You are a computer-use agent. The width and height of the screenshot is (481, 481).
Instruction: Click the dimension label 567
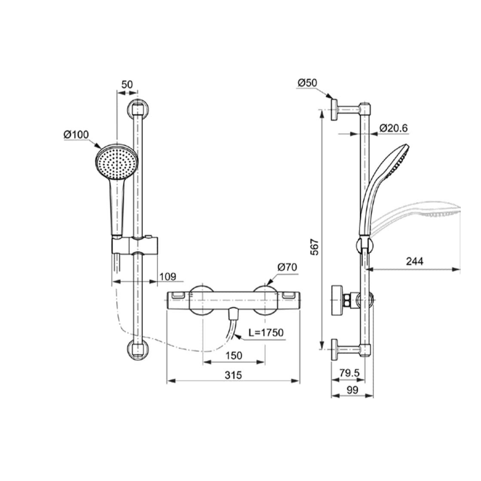tap(315, 247)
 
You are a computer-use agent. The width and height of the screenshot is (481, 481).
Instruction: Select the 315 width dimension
tap(233, 375)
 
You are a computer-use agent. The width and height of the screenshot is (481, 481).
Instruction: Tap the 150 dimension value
tap(234, 356)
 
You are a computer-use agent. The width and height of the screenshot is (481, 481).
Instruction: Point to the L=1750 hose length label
tap(267, 333)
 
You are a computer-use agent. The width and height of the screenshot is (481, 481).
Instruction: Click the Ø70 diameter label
tap(287, 267)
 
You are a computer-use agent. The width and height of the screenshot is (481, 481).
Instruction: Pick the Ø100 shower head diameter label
tap(76, 135)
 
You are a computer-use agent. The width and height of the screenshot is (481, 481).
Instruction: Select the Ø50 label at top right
tap(307, 82)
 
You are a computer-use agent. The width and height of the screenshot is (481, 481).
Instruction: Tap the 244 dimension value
tap(414, 261)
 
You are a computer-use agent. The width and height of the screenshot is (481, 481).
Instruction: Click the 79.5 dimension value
tap(349, 374)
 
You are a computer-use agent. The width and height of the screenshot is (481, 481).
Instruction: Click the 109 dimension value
tap(168, 276)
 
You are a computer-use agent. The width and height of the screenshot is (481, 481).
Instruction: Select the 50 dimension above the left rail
tap(127, 84)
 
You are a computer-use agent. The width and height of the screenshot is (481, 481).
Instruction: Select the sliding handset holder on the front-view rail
tap(135, 245)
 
